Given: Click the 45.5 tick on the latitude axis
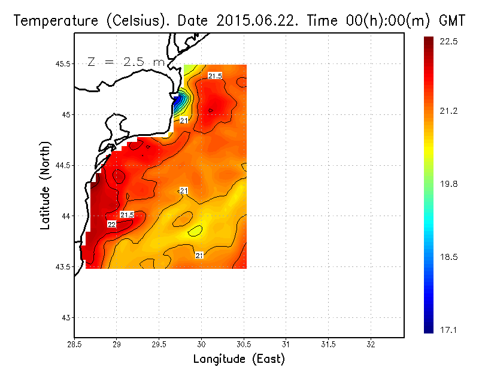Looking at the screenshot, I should [62, 63].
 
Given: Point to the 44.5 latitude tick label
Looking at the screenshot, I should [62, 165].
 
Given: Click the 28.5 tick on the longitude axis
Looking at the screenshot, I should [74, 345].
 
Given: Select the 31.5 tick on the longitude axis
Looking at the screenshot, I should [328, 345].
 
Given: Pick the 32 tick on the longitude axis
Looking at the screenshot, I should [371, 345].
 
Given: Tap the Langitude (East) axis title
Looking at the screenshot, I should [239, 359].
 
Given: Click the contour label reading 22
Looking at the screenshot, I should [111, 224].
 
